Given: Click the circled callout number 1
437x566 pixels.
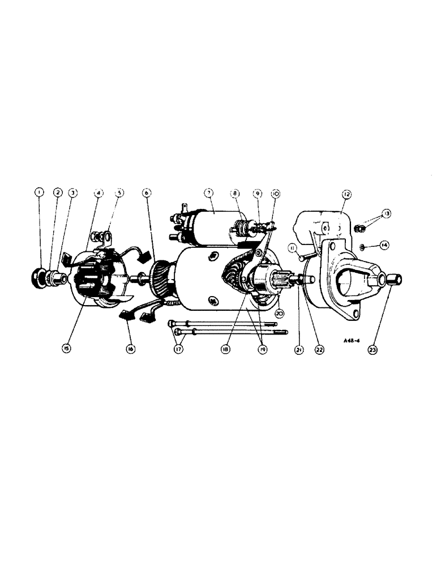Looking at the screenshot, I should [39, 192].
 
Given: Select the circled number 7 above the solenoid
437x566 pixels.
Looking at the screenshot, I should [208, 194].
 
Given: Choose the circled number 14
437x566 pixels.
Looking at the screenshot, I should [384, 246].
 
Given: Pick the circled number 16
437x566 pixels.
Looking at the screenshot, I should [131, 349].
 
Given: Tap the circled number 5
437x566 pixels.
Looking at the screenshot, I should [119, 192].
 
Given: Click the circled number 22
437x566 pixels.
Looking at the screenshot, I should [320, 350].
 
